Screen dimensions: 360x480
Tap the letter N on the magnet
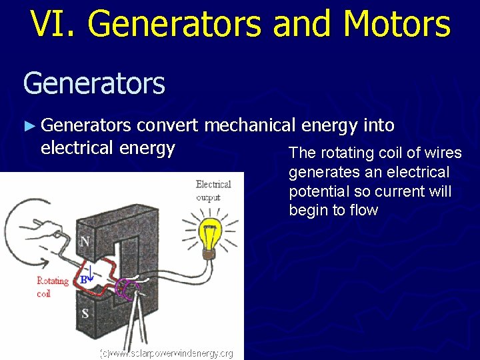point(85,241)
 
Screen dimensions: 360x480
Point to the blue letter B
point(83,281)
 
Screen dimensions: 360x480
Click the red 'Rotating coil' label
point(53,287)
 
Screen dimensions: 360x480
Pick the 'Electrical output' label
point(213,191)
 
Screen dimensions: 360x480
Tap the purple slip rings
point(126,287)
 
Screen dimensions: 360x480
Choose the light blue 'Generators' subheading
point(94,84)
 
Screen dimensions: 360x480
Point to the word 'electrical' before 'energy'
point(77,147)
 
